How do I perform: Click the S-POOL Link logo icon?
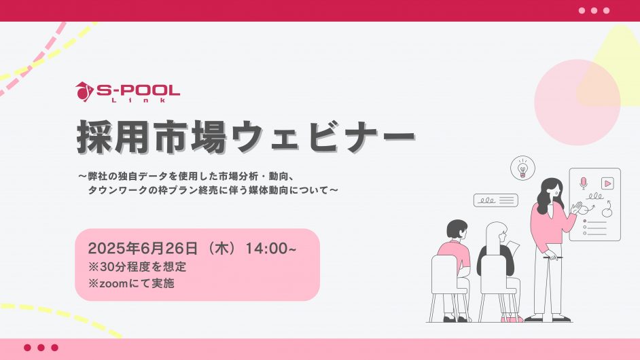pos(84,91)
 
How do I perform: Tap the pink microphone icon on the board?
pos(583,183)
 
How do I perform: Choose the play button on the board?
pos(607,183)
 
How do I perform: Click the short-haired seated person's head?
pos(459,230)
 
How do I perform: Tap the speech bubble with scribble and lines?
pos(495,200)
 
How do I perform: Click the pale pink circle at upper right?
pos(577,102)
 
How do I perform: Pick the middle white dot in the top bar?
pos(594,11)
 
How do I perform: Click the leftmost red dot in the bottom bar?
pos(27,348)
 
